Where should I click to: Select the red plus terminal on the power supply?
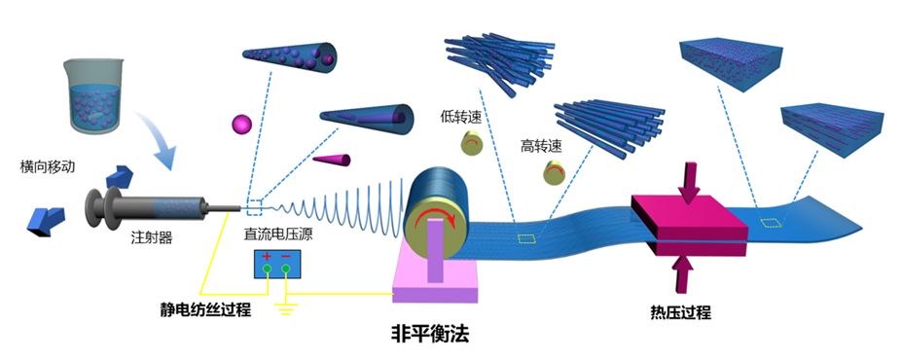[268, 257]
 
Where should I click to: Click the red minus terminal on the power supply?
[286, 257]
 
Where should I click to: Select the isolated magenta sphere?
[241, 124]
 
